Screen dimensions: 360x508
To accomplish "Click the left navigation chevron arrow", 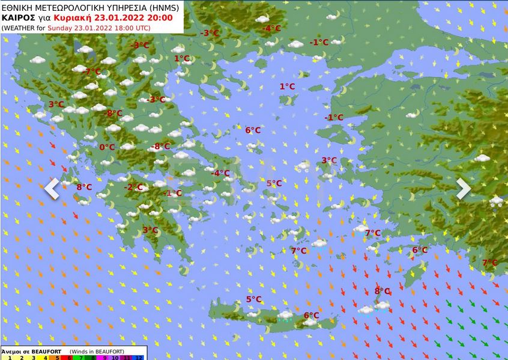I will [52, 189].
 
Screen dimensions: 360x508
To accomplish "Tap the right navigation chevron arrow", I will [463, 189].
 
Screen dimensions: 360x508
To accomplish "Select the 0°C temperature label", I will [107, 147].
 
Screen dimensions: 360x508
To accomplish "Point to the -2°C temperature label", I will [133, 188].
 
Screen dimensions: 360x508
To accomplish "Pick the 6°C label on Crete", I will [311, 315].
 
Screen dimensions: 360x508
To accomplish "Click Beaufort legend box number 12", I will [140, 358].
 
